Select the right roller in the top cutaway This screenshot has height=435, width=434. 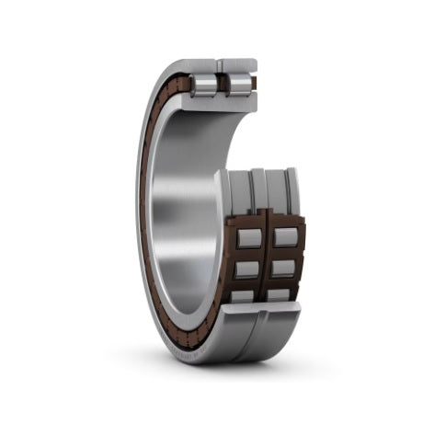tap(239, 85)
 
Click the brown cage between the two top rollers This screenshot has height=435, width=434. tap(223, 85)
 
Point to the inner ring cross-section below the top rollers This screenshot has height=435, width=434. tap(221, 102)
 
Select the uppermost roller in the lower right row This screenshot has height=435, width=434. tap(286, 236)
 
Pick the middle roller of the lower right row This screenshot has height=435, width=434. tap(285, 267)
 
